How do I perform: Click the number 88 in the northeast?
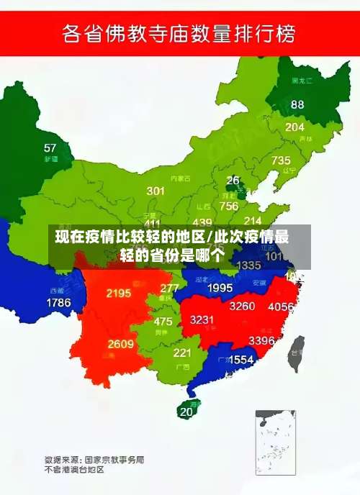pos(297,104)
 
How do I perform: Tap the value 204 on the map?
pos(294,127)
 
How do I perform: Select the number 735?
pos(281,160)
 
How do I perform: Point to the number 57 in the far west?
pos(50,148)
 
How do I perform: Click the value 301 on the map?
pos(156,191)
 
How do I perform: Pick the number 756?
pos(229,206)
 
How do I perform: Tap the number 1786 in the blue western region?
pos(58,303)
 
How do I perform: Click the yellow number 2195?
pos(118,293)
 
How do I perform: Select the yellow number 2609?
pos(120,344)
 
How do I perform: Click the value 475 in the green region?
pos(163,322)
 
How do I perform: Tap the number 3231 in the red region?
pos(202,319)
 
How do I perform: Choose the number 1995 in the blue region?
pos(220,288)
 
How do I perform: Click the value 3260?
pos(242,306)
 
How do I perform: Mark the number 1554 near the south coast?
pos(241,359)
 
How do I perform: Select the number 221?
pos(181,353)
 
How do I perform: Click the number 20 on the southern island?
pos(186,412)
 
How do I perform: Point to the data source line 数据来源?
pos(94,458)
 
